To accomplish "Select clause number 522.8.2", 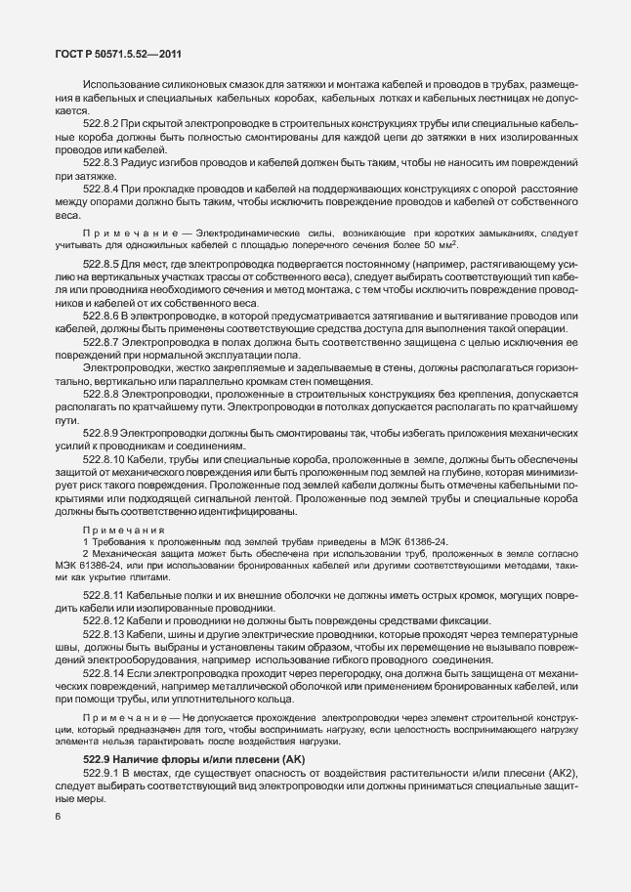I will click(102, 125).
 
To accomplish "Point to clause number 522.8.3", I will click(102, 160).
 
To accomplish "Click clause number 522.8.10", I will click(105, 456).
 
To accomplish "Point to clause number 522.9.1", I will click(102, 775).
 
